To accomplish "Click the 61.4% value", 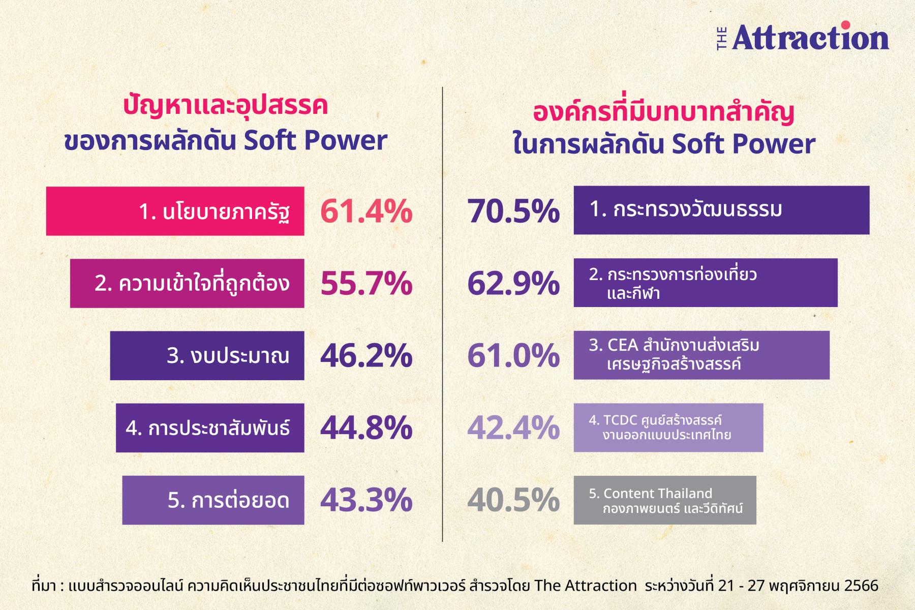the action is point(366,211).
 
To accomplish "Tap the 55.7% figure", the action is point(366,283).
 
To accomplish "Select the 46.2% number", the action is point(366,355).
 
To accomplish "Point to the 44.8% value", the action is point(366,428).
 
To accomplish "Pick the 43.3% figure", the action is point(366,500).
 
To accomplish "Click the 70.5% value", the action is point(513,211).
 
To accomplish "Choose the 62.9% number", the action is point(513,283).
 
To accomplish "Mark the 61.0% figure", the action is point(513,355).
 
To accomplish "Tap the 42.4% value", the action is point(513,428).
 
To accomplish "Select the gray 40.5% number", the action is point(513,500).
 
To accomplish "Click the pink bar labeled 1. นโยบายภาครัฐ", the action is point(175,211).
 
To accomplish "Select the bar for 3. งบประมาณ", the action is point(207,355).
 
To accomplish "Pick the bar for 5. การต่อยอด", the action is point(213,500).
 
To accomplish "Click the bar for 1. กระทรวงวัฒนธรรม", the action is point(722,210).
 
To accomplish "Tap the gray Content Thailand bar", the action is point(665,500).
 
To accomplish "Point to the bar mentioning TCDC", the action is point(668,428).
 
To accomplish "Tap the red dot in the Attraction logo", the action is point(845,25).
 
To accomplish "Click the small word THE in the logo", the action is point(721,38).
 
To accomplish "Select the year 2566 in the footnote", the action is point(861,586).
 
